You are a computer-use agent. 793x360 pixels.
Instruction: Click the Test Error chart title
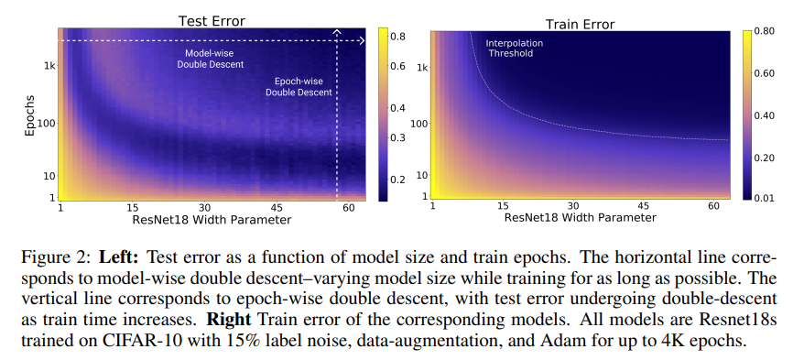(x=212, y=21)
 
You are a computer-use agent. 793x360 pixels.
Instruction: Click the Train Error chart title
(x=580, y=24)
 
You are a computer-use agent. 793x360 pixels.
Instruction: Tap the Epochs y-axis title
(x=31, y=115)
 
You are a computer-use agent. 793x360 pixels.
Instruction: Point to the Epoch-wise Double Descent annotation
(x=299, y=86)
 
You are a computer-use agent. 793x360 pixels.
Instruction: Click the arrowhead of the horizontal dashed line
(x=362, y=40)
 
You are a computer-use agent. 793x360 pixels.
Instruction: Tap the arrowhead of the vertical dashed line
(x=337, y=32)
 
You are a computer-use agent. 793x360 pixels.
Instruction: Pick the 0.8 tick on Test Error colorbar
(x=396, y=37)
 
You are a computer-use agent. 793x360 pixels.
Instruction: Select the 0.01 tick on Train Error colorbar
(x=765, y=198)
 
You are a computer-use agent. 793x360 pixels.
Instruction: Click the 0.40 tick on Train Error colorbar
(x=765, y=115)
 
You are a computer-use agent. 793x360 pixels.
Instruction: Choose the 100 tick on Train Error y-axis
(x=419, y=124)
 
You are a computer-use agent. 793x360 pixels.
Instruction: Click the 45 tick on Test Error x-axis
(x=277, y=207)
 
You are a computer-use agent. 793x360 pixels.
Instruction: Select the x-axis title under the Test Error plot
(x=212, y=220)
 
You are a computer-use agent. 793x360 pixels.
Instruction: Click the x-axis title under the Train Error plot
(x=580, y=218)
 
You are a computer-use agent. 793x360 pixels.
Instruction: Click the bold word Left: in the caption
(x=118, y=258)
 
